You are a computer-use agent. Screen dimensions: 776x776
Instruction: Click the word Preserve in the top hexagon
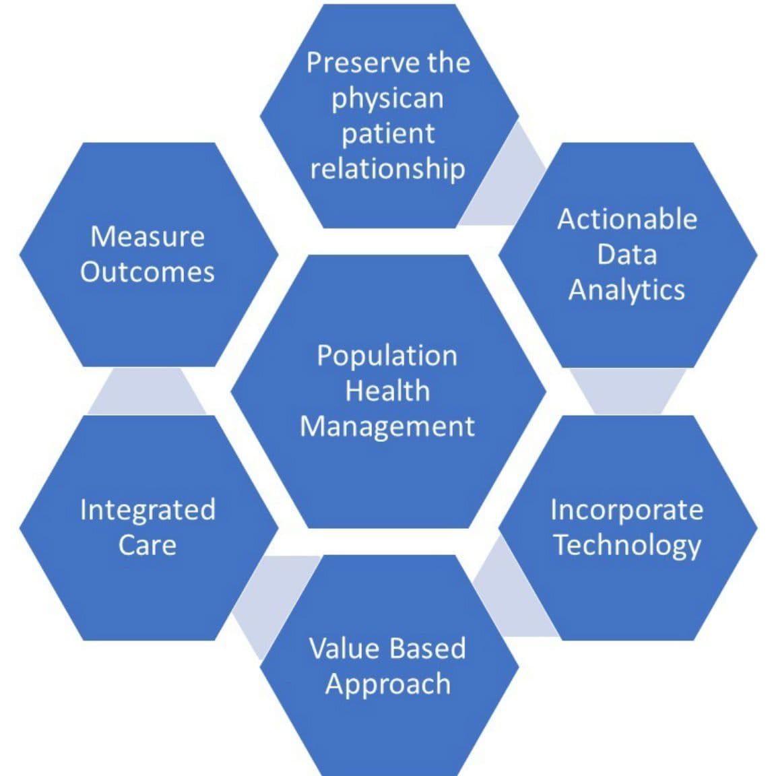[x=354, y=63]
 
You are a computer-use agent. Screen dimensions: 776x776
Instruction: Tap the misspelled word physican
[x=387, y=99]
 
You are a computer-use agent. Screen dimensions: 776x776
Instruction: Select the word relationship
[x=387, y=168]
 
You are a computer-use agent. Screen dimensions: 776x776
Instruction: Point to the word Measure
[x=148, y=236]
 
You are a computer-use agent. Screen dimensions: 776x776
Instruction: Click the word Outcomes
[x=148, y=271]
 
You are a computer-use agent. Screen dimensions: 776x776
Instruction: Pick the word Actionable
[x=627, y=220]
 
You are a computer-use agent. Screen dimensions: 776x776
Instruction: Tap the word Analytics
[x=626, y=290]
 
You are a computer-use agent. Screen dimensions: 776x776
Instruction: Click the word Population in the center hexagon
[x=387, y=356]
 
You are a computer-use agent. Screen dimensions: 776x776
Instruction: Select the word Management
[x=387, y=426]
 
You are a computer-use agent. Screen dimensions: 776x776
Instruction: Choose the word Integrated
[x=148, y=509]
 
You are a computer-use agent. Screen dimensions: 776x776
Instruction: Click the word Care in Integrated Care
[x=148, y=544]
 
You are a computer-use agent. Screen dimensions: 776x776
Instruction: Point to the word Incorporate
[x=626, y=509]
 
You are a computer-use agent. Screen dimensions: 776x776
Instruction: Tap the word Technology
[x=627, y=545]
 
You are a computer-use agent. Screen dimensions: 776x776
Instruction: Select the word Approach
[x=388, y=684]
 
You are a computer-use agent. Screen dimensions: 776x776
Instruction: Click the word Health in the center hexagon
[x=387, y=391]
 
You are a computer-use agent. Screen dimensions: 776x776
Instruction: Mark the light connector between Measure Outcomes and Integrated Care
[x=146, y=392]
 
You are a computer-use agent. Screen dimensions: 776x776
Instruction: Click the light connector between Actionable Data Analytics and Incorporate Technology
[x=627, y=391]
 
